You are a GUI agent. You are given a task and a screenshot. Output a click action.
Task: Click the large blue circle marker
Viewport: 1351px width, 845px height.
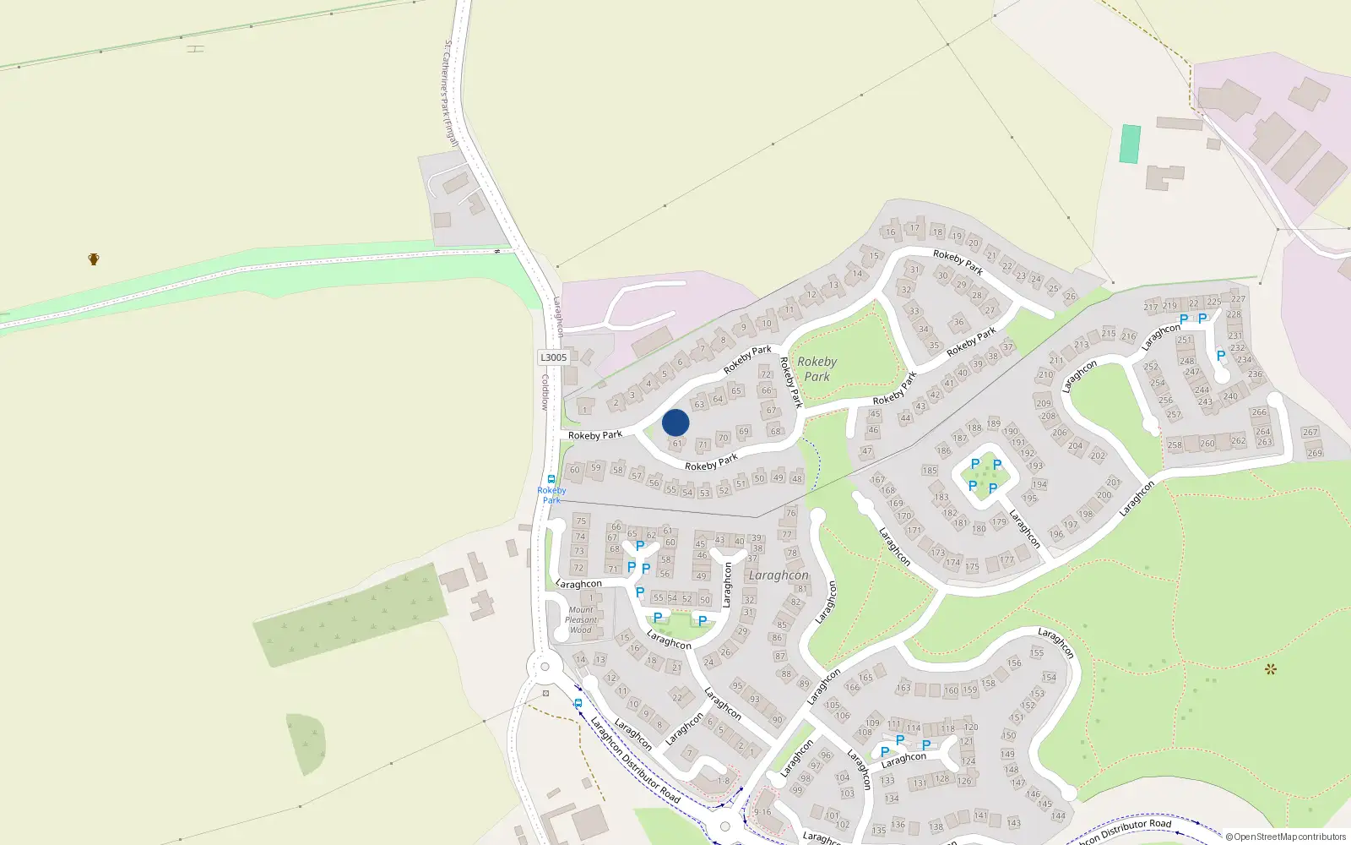675,422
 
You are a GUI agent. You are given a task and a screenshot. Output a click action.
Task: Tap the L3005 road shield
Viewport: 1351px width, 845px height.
553,357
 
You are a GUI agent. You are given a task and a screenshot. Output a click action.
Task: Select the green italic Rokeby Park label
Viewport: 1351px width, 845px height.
817,369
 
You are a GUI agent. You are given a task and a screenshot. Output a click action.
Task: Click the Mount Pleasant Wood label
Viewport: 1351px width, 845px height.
581,619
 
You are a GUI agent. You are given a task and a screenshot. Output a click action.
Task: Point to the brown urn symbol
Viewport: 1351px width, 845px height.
94,259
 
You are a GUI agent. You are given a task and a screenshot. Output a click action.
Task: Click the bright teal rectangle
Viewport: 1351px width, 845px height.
1130,144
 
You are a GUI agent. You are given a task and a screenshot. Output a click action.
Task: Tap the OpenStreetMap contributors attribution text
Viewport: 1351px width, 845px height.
1286,837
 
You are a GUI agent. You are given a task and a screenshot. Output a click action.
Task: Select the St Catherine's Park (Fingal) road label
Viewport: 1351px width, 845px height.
450,93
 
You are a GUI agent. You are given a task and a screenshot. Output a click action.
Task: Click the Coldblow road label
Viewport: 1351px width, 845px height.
545,393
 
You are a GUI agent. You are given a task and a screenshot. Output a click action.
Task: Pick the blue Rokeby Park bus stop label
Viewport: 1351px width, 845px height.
551,495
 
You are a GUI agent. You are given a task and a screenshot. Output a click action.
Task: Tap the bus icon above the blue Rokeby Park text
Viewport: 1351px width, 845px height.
551,479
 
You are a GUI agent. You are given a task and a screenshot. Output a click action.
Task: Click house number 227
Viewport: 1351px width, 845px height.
1238,298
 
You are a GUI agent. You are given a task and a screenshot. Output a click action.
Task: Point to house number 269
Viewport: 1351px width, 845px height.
1315,453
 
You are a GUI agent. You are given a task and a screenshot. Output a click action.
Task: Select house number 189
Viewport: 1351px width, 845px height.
994,423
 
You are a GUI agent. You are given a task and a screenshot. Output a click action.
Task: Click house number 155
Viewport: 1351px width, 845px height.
1037,652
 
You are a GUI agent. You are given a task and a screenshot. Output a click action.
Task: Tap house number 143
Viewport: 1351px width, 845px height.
1014,822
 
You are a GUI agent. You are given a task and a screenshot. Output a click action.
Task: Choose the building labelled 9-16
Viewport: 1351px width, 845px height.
762,812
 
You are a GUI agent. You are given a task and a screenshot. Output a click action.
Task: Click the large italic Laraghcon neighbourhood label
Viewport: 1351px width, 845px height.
779,575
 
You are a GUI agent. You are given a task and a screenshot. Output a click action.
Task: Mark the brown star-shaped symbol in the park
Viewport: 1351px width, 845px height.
1270,669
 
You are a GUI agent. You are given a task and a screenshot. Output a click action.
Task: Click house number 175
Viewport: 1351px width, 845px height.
973,566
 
